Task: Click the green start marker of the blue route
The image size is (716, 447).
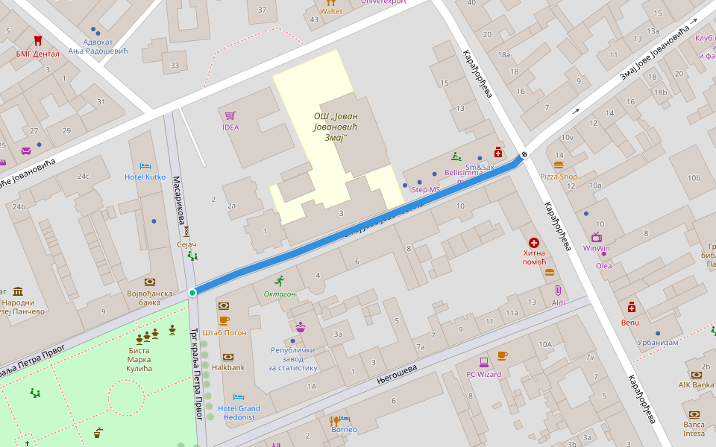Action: point(192,293)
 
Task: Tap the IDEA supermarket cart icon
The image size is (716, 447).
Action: point(230,115)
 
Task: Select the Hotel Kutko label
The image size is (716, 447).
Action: point(145,177)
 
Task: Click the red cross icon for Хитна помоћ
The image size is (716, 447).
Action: point(534,243)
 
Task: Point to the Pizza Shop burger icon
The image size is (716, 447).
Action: point(559,165)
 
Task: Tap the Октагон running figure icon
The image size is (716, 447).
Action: point(280,281)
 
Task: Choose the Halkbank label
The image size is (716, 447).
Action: point(227,367)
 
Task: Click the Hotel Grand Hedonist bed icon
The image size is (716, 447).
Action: point(239,397)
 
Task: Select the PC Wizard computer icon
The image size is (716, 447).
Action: point(484,362)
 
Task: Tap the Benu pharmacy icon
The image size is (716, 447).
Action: point(631,308)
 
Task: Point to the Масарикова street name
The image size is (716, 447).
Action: point(179,200)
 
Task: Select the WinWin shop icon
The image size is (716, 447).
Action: point(597,237)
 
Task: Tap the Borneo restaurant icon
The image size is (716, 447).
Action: point(334,420)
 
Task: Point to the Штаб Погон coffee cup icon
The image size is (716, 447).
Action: point(224,321)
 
